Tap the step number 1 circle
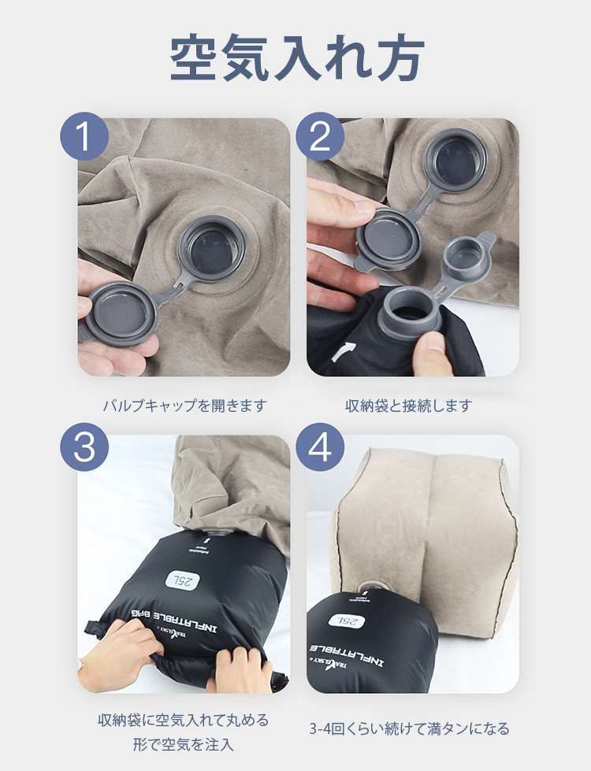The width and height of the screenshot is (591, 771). click(x=84, y=136)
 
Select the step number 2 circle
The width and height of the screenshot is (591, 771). click(x=320, y=136)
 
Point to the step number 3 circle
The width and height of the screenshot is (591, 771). click(x=84, y=447)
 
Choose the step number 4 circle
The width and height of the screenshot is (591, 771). click(x=320, y=447)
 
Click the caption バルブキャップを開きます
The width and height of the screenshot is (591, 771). click(x=184, y=406)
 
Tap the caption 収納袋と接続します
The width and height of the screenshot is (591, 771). click(x=409, y=406)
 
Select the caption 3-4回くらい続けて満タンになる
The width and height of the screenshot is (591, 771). click(x=409, y=728)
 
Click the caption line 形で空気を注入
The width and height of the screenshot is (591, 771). click(x=184, y=744)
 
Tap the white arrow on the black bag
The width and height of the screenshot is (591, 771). click(x=343, y=352)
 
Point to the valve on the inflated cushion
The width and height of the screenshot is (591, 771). click(x=374, y=586)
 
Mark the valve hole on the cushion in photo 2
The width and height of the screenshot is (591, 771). click(x=456, y=161)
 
